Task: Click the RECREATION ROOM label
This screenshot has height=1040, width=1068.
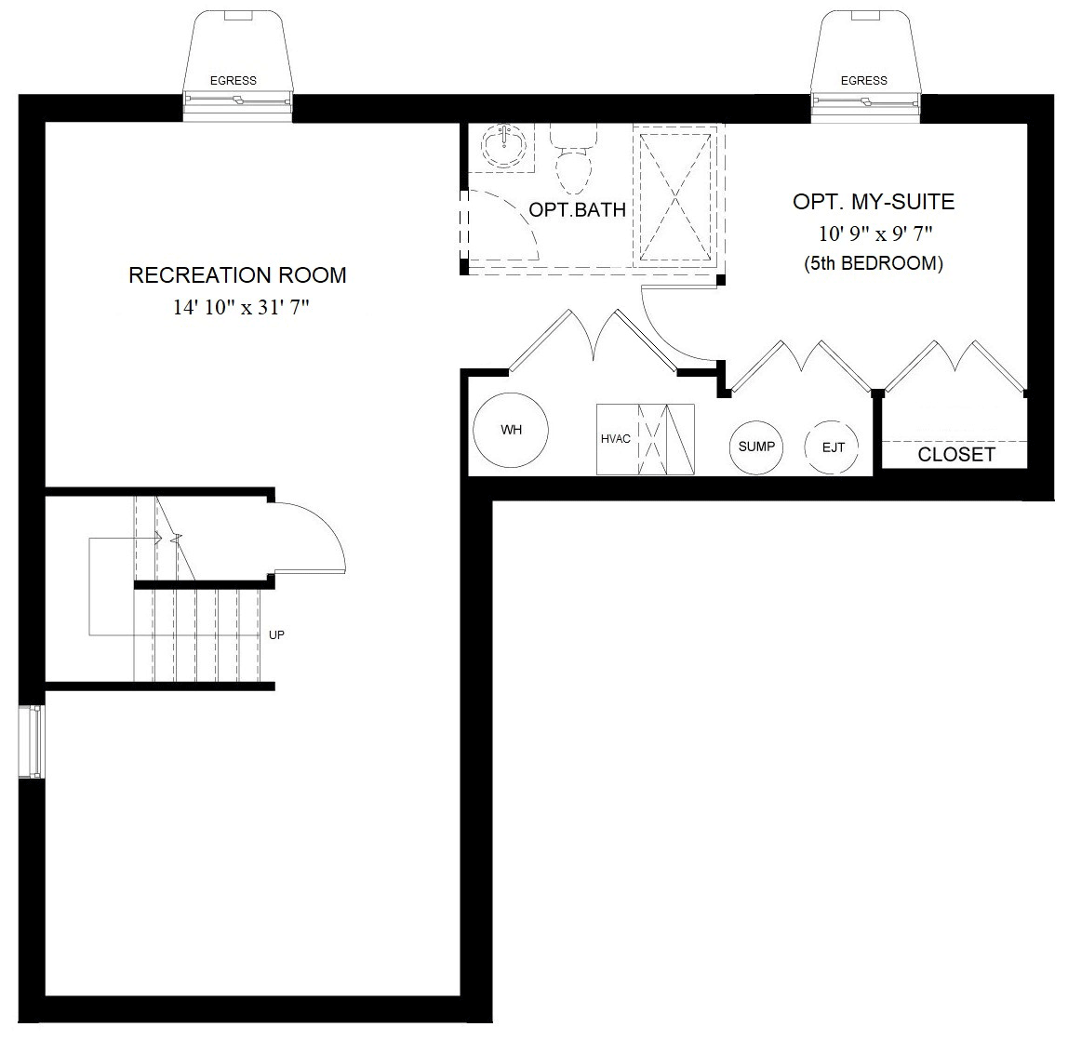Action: point(237,275)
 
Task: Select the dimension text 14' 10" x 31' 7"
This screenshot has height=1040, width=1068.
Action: point(240,308)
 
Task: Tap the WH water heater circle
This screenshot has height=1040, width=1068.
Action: point(511,430)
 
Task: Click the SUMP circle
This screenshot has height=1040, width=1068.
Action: point(756,447)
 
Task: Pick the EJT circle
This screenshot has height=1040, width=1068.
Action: point(834,447)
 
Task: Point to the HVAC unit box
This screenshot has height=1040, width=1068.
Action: point(645,439)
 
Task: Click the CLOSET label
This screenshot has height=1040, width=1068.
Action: point(955,455)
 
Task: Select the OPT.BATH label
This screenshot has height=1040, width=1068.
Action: point(577,209)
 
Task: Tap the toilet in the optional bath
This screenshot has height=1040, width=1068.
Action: point(572,162)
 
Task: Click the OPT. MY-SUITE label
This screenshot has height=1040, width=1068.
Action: point(874,202)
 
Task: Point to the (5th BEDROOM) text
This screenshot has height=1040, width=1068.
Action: point(874,263)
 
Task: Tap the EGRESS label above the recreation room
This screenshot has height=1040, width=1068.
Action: point(234,81)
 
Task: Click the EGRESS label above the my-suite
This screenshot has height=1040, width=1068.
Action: point(863,81)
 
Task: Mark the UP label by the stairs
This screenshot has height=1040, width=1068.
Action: point(276,635)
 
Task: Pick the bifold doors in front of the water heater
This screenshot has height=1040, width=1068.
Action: point(593,343)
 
